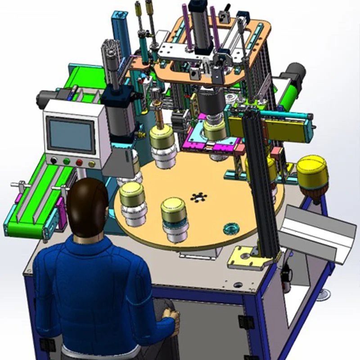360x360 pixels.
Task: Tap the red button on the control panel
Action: (x=79, y=162)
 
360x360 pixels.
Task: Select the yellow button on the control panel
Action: (x=92, y=164)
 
